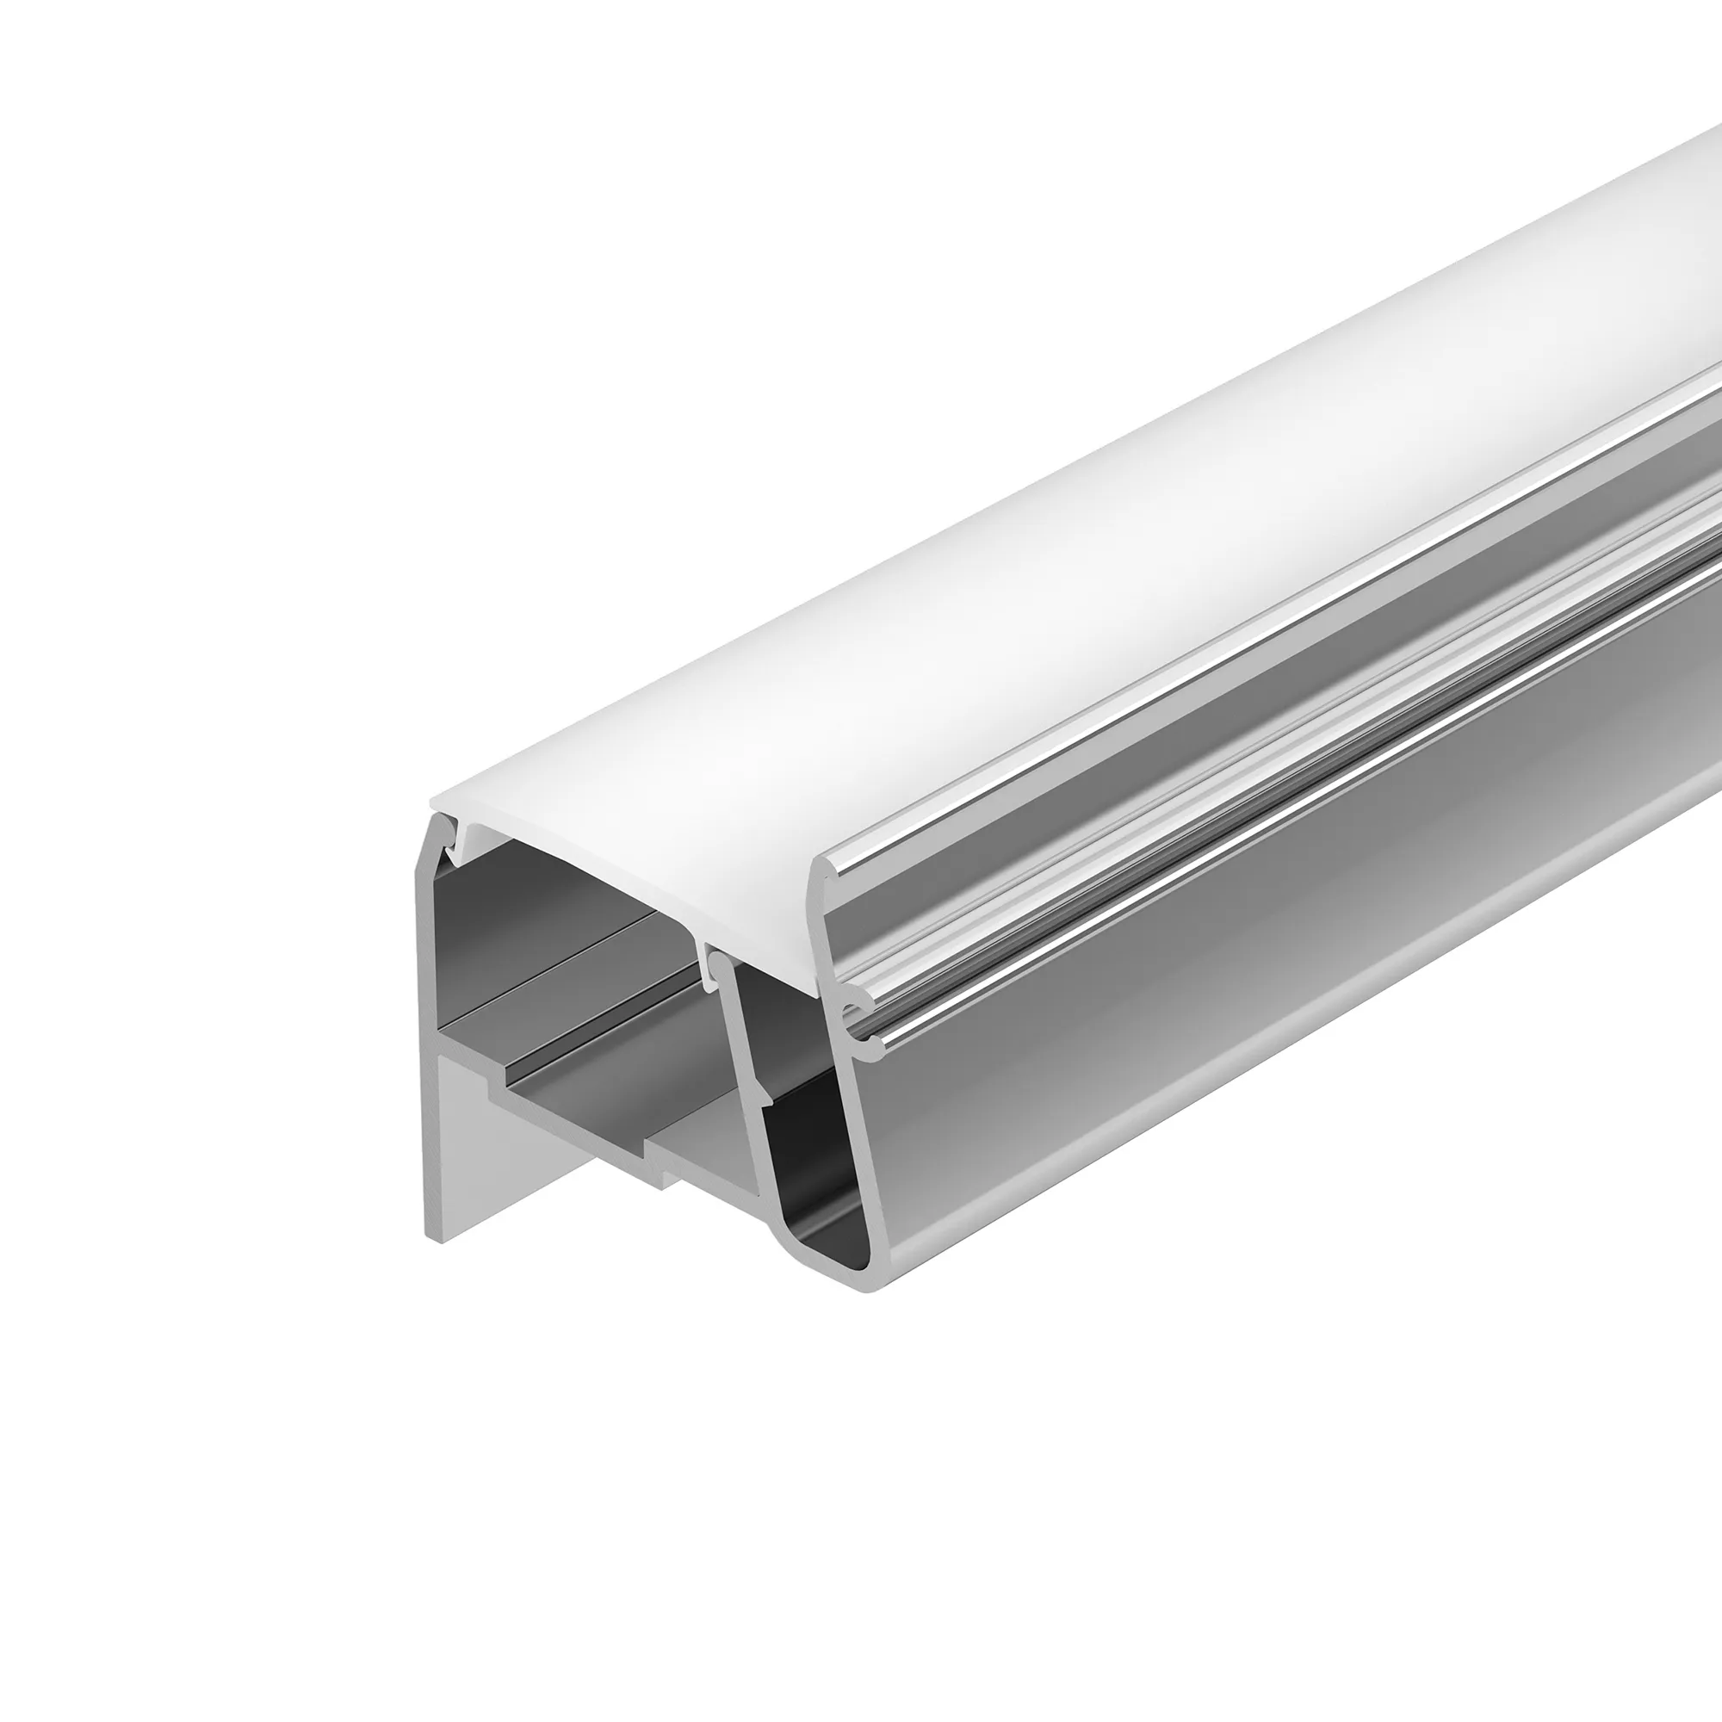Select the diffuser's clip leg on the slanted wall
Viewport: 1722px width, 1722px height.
pyautogui.click(x=713, y=971)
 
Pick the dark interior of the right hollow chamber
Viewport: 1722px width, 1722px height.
pyautogui.click(x=802, y=1114)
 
